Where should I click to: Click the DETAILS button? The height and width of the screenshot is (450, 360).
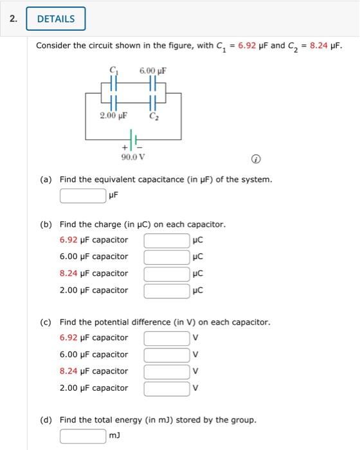56,19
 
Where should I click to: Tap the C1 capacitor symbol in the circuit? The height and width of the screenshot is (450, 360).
114,84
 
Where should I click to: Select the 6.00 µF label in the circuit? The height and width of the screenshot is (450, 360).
153,70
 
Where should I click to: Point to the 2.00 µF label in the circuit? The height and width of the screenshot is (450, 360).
113,116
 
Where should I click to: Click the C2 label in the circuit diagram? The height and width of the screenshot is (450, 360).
153,117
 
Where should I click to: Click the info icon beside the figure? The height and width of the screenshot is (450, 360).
255,159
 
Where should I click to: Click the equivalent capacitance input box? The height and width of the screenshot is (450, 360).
84,195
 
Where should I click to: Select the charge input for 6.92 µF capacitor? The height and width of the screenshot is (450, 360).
166,240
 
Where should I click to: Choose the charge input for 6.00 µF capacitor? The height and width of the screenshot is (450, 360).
166,257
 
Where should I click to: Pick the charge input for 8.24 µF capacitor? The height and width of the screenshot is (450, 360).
166,274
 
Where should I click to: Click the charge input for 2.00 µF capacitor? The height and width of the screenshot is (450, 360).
166,291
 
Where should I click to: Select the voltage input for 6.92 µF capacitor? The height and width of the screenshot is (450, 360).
166,338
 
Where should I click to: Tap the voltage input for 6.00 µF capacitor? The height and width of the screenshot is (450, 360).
166,355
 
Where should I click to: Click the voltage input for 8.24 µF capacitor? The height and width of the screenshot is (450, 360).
166,372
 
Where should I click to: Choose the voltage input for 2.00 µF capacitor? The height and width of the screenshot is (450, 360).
166,388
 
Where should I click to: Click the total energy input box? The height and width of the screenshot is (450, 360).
84,437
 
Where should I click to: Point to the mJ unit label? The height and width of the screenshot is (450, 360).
115,437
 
